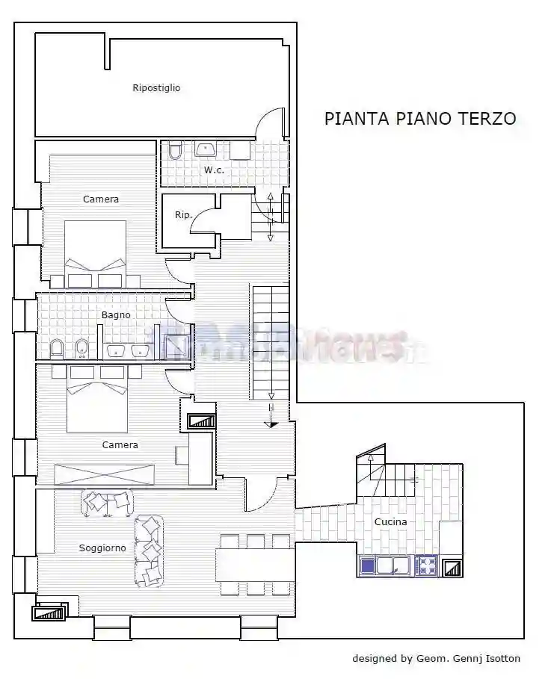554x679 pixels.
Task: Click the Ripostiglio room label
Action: pos(156,88)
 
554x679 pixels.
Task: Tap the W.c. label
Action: pos(214,170)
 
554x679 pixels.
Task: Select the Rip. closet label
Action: pos(183,215)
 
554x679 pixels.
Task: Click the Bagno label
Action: pos(116,315)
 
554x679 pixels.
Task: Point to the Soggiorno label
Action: pos(102,548)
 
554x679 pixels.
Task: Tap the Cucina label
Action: pos(390,522)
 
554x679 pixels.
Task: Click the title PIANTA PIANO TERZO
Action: pos(419,119)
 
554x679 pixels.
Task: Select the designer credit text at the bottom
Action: pos(437,659)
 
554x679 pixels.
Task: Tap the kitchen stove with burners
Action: pos(426,565)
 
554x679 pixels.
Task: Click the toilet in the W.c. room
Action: pos(174,152)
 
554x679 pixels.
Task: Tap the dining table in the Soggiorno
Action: pos(255,564)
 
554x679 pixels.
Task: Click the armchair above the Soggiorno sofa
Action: pos(107,503)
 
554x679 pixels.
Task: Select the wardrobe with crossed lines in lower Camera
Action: pos(105,475)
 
